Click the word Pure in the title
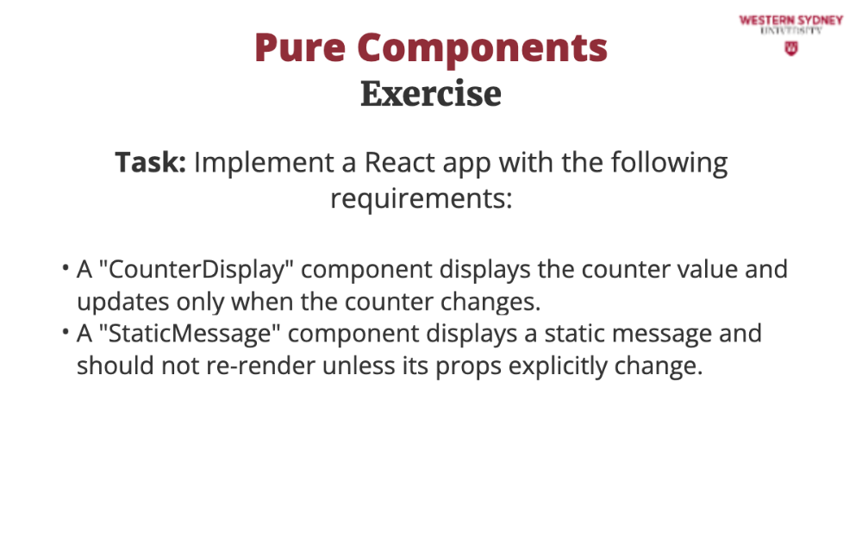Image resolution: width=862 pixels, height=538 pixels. [x=300, y=48]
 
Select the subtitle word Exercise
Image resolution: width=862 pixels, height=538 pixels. [x=431, y=93]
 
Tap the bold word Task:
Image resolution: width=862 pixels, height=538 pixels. [x=151, y=162]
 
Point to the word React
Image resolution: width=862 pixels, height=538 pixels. [x=400, y=162]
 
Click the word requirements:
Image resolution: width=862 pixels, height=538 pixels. [x=422, y=198]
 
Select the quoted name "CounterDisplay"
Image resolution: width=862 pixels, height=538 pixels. [x=196, y=270]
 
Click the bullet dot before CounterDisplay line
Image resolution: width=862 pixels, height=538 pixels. [x=66, y=268]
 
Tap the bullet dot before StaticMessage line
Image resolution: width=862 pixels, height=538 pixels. [x=66, y=332]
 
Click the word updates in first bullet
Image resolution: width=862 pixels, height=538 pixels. [x=123, y=302]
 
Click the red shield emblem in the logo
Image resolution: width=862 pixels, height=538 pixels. [x=791, y=49]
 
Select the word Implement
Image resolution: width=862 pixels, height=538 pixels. [x=264, y=163]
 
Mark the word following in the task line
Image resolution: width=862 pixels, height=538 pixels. [x=669, y=163]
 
